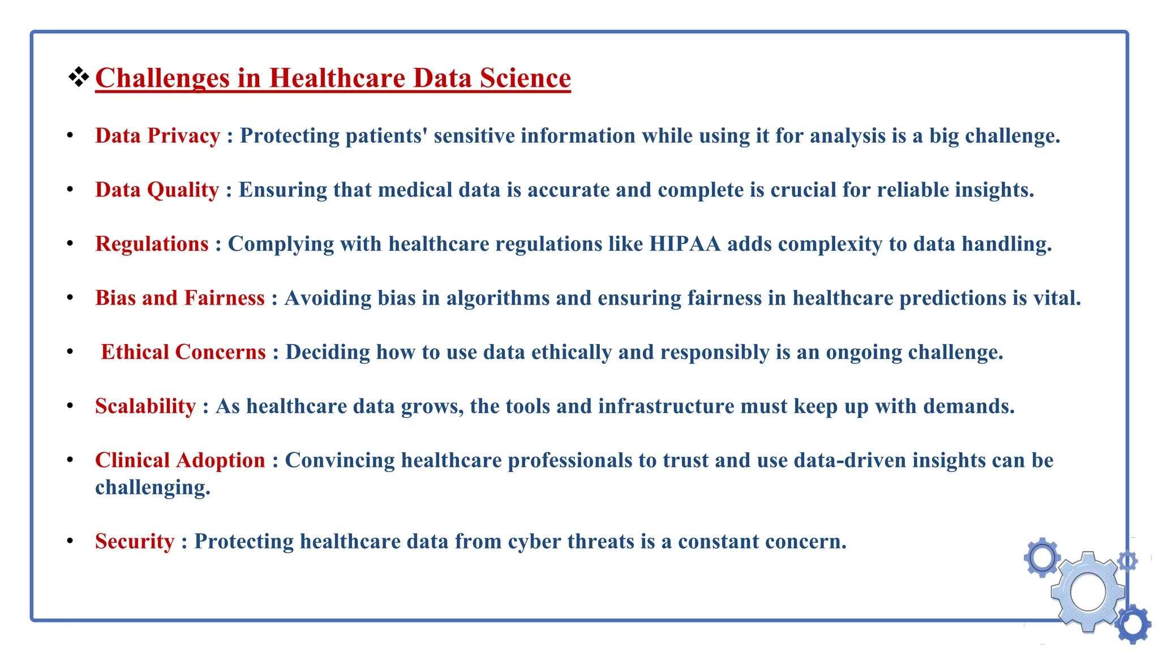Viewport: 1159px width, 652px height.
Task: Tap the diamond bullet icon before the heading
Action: (x=79, y=77)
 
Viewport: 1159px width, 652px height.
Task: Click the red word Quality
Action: (x=183, y=190)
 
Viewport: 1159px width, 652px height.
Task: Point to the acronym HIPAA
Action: (x=685, y=244)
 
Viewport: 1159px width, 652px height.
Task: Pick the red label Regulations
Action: (x=152, y=244)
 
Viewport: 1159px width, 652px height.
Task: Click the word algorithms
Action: (x=497, y=298)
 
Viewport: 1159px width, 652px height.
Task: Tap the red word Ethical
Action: (x=135, y=352)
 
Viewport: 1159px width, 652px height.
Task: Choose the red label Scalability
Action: (x=145, y=406)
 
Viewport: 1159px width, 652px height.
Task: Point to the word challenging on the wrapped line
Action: (x=152, y=488)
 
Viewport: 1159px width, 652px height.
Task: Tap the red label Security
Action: (x=135, y=542)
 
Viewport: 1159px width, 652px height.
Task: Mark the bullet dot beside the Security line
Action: (x=70, y=542)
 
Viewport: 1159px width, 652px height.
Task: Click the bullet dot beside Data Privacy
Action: (x=70, y=136)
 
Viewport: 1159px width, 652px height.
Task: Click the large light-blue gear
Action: (x=1088, y=592)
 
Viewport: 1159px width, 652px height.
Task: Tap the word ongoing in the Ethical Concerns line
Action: (x=864, y=352)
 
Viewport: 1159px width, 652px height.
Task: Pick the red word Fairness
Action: (x=225, y=298)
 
